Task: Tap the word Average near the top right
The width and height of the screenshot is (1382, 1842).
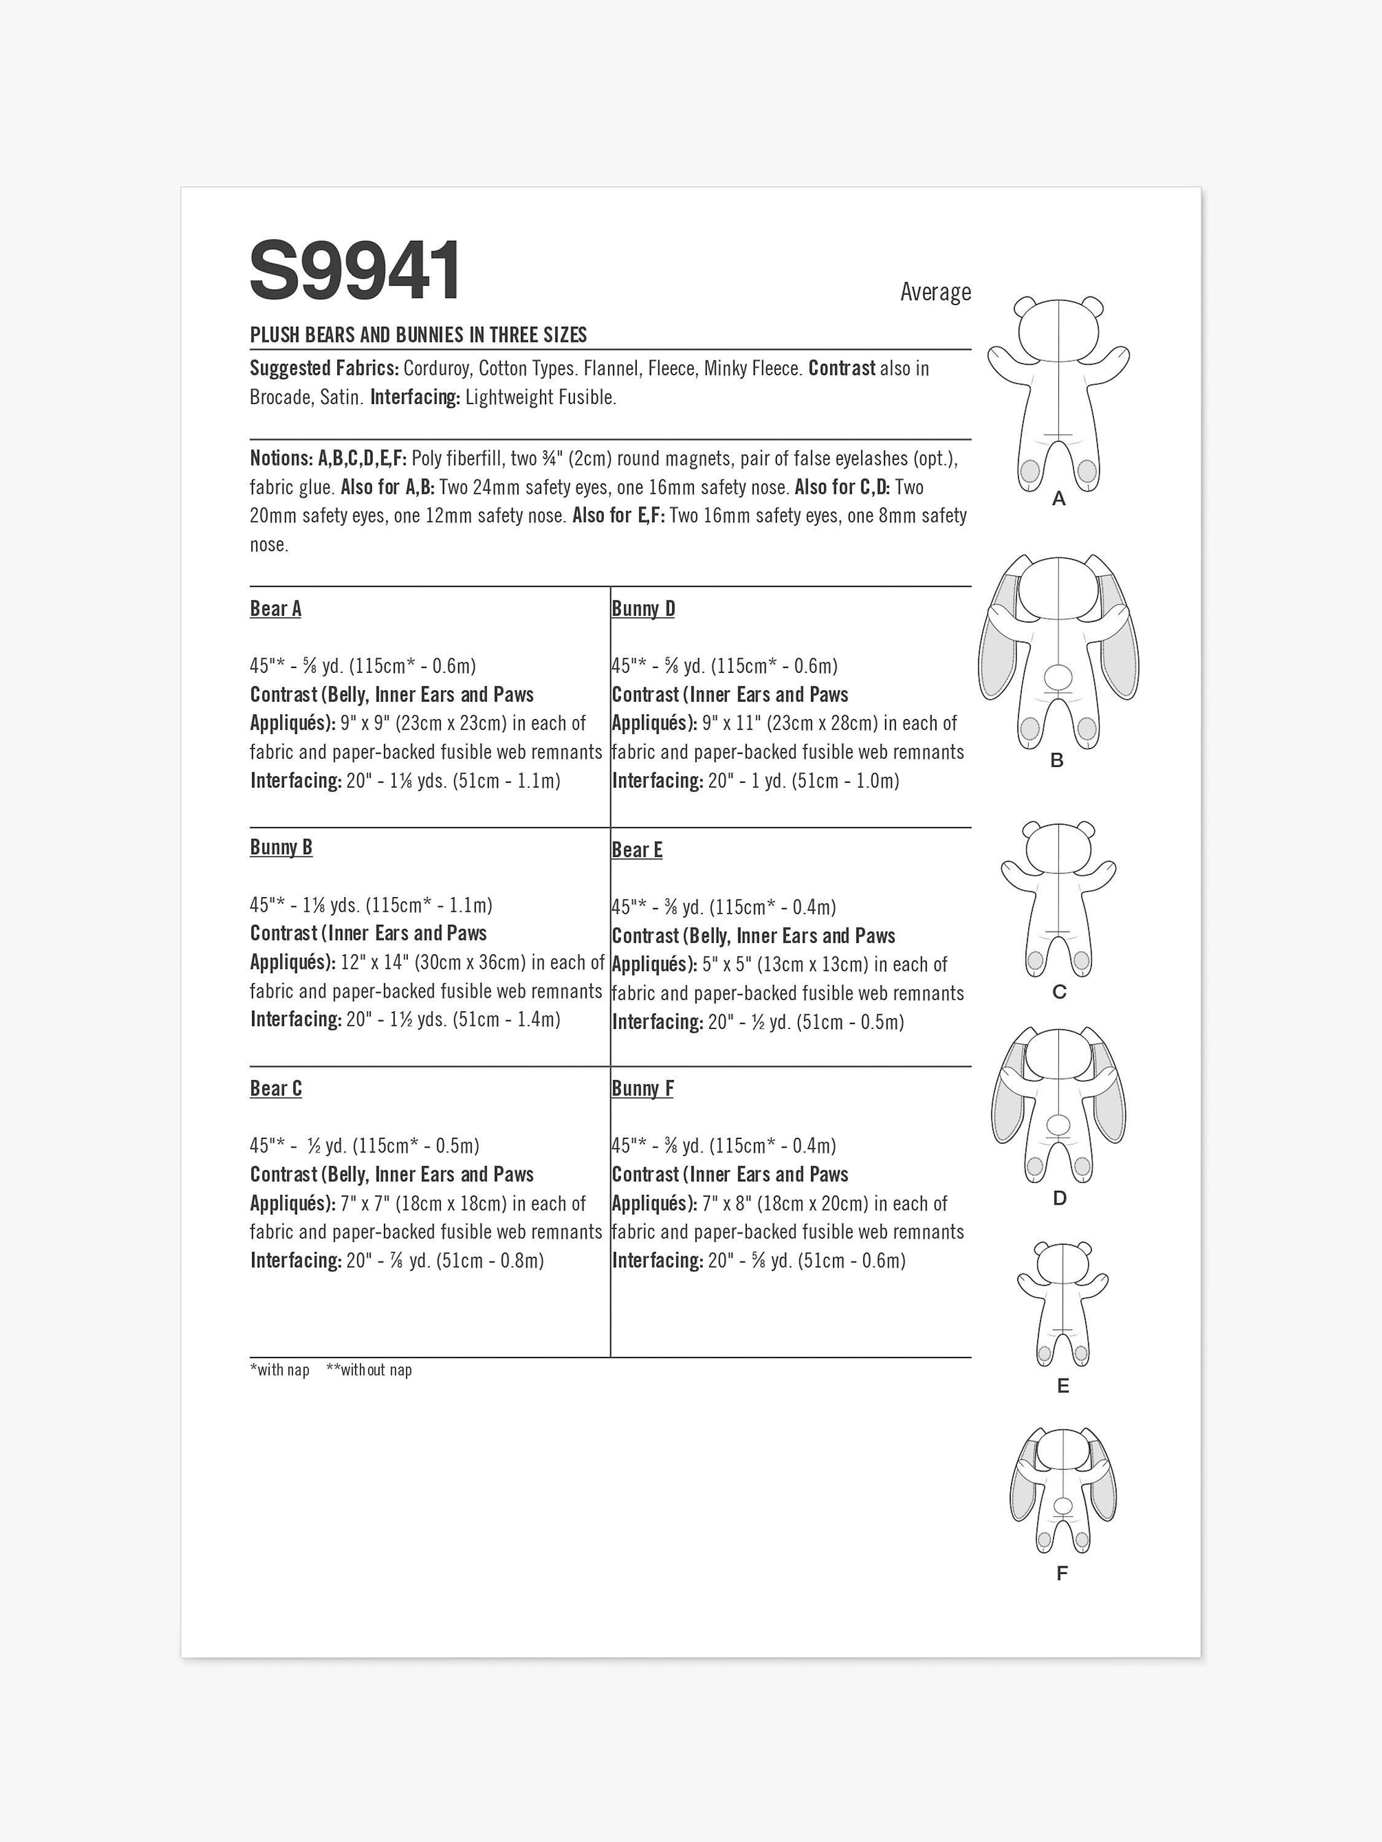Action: [x=935, y=292]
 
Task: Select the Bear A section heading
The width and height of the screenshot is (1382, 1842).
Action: [x=276, y=608]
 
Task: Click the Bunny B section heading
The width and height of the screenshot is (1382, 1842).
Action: [x=281, y=848]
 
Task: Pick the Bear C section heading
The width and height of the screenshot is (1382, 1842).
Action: [x=276, y=1089]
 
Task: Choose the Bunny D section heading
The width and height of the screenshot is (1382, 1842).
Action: [x=643, y=608]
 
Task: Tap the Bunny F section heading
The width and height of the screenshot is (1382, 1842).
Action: [x=642, y=1089]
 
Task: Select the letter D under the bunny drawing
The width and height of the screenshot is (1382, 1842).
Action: [x=1060, y=1199]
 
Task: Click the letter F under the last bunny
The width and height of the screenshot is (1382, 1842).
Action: [x=1061, y=1574]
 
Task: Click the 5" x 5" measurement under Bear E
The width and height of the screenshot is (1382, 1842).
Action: [x=730, y=965]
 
